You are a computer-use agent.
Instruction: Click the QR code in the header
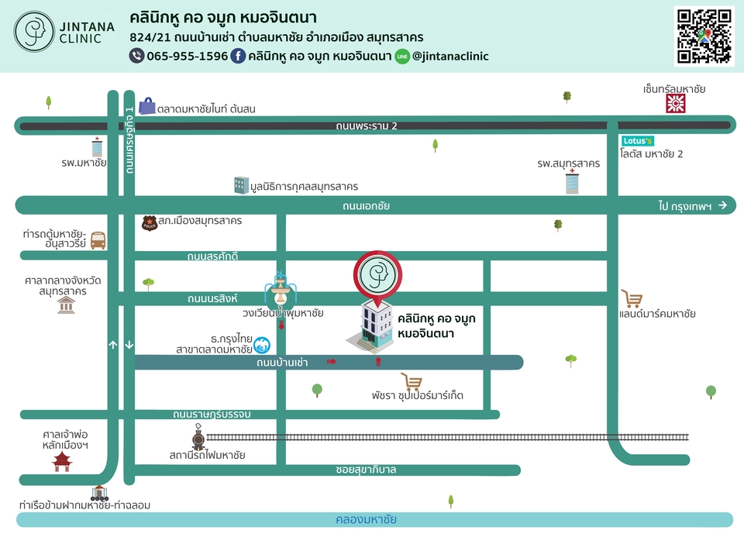(x=704, y=36)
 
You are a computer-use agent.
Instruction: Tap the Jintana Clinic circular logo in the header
(x=34, y=32)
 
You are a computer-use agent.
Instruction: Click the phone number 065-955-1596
(x=187, y=56)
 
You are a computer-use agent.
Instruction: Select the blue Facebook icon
(x=238, y=56)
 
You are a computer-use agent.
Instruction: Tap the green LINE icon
(x=402, y=57)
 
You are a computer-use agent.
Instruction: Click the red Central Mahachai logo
(x=676, y=103)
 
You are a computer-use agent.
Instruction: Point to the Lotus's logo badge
(x=638, y=141)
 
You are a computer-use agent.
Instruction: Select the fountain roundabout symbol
(x=281, y=288)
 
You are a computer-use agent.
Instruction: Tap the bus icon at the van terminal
(x=98, y=240)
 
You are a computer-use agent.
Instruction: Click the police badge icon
(x=150, y=223)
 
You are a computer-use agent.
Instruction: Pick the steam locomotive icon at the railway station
(x=198, y=436)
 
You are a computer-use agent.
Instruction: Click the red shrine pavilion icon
(x=62, y=462)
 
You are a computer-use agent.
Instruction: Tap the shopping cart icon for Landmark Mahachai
(x=632, y=299)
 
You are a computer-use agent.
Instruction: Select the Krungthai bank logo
(x=262, y=345)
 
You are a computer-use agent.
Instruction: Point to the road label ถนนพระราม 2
(x=367, y=126)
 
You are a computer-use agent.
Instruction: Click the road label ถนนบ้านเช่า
(x=282, y=363)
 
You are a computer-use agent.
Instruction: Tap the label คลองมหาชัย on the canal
(x=366, y=519)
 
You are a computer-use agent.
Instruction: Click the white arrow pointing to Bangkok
(x=722, y=205)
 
